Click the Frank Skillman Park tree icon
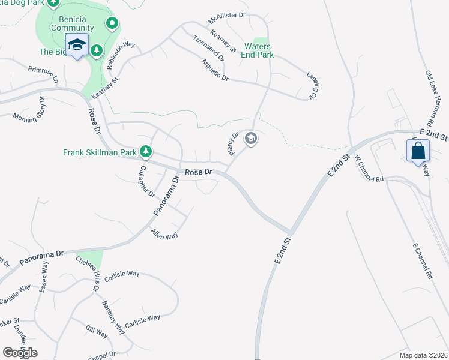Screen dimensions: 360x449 pyautogui.click(x=145, y=152)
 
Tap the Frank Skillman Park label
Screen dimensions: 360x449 pyautogui.click(x=100, y=152)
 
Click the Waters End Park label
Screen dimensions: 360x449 pyautogui.click(x=259, y=50)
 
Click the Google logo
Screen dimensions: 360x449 pyautogui.click(x=20, y=353)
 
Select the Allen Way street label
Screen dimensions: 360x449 pyautogui.click(x=164, y=233)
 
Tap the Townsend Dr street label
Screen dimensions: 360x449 pyautogui.click(x=208, y=49)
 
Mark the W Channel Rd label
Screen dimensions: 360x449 pyautogui.click(x=369, y=169)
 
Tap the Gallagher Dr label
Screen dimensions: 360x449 pyautogui.click(x=147, y=182)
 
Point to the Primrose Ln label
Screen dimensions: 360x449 pyautogui.click(x=44, y=75)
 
